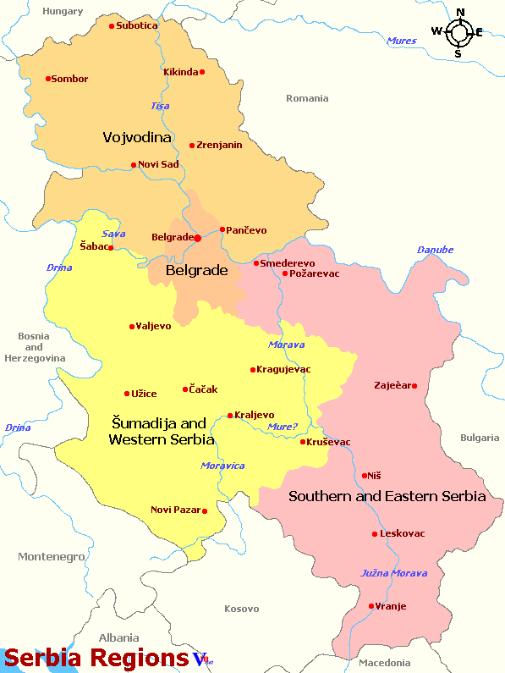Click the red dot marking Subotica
[112, 26]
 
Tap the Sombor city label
[69, 79]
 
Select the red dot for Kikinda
[202, 72]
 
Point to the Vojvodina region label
[137, 137]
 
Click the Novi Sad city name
[159, 164]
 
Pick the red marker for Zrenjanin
[192, 146]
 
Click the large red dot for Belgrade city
[197, 238]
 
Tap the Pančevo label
[246, 230]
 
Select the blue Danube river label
[435, 250]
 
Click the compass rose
[458, 33]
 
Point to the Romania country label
[307, 98]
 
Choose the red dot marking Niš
[365, 476]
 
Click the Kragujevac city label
[283, 369]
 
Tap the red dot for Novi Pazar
[205, 510]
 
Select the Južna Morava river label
[394, 573]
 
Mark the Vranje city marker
[371, 606]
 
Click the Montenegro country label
[52, 556]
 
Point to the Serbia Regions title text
[96, 658]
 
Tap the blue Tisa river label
[160, 106]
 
